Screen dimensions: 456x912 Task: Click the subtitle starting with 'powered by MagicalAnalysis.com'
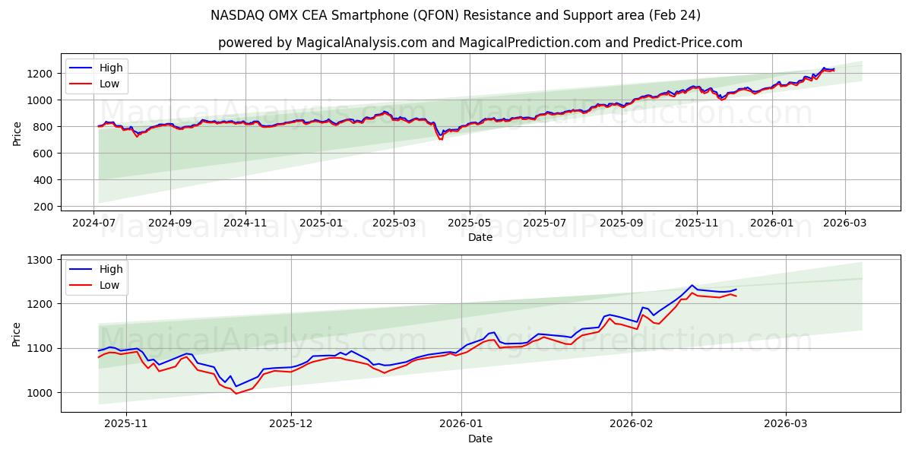tap(480, 43)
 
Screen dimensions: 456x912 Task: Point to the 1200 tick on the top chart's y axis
tap(39, 74)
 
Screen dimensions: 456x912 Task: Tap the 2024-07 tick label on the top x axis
tap(94, 223)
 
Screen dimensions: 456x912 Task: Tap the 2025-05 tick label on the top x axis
tap(469, 223)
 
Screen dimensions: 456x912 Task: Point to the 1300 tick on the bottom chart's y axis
tap(39, 260)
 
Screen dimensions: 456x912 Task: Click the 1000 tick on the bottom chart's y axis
tap(39, 393)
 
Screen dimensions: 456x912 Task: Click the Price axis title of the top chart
tap(17, 133)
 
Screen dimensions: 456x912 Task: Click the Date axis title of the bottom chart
tap(480, 439)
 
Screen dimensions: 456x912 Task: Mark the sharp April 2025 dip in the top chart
tap(440, 138)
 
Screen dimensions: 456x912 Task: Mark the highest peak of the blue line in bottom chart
tap(692, 285)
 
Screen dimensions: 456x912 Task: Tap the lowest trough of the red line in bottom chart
tap(236, 393)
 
